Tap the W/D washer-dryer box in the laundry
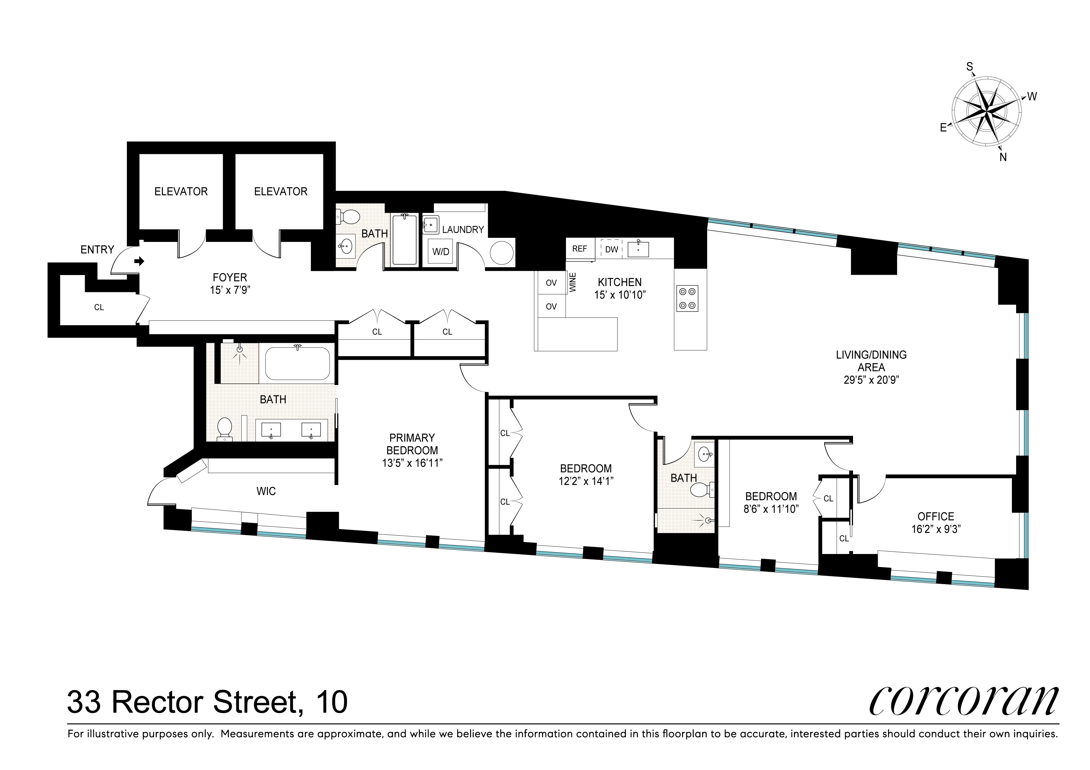point(441,252)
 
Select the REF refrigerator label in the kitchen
point(579,249)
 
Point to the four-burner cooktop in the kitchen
point(687,299)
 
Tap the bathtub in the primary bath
point(297,363)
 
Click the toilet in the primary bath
point(224,428)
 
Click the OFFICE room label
point(936,516)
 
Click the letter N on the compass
point(1003,158)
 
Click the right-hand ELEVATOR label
point(281,191)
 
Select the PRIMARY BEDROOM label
point(412,444)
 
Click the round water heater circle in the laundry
point(501,253)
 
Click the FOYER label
point(230,277)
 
